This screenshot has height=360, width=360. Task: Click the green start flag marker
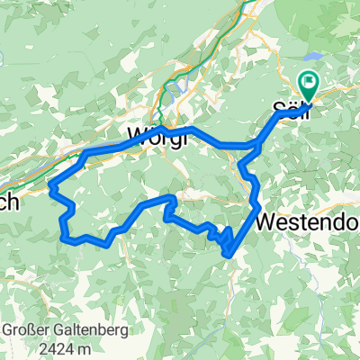(x=310, y=85)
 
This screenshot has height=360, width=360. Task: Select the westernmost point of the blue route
(x=49, y=188)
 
